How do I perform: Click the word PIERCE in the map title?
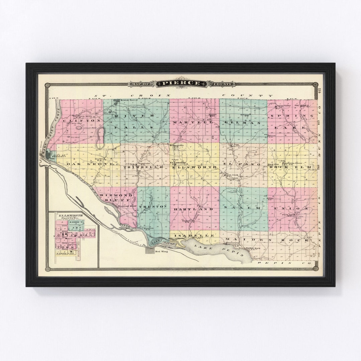coord(181,83)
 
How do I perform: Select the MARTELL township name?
coord(193,123)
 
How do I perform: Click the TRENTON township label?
coord(152,207)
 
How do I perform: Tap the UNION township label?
coord(290,208)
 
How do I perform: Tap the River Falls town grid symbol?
coord(116,102)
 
